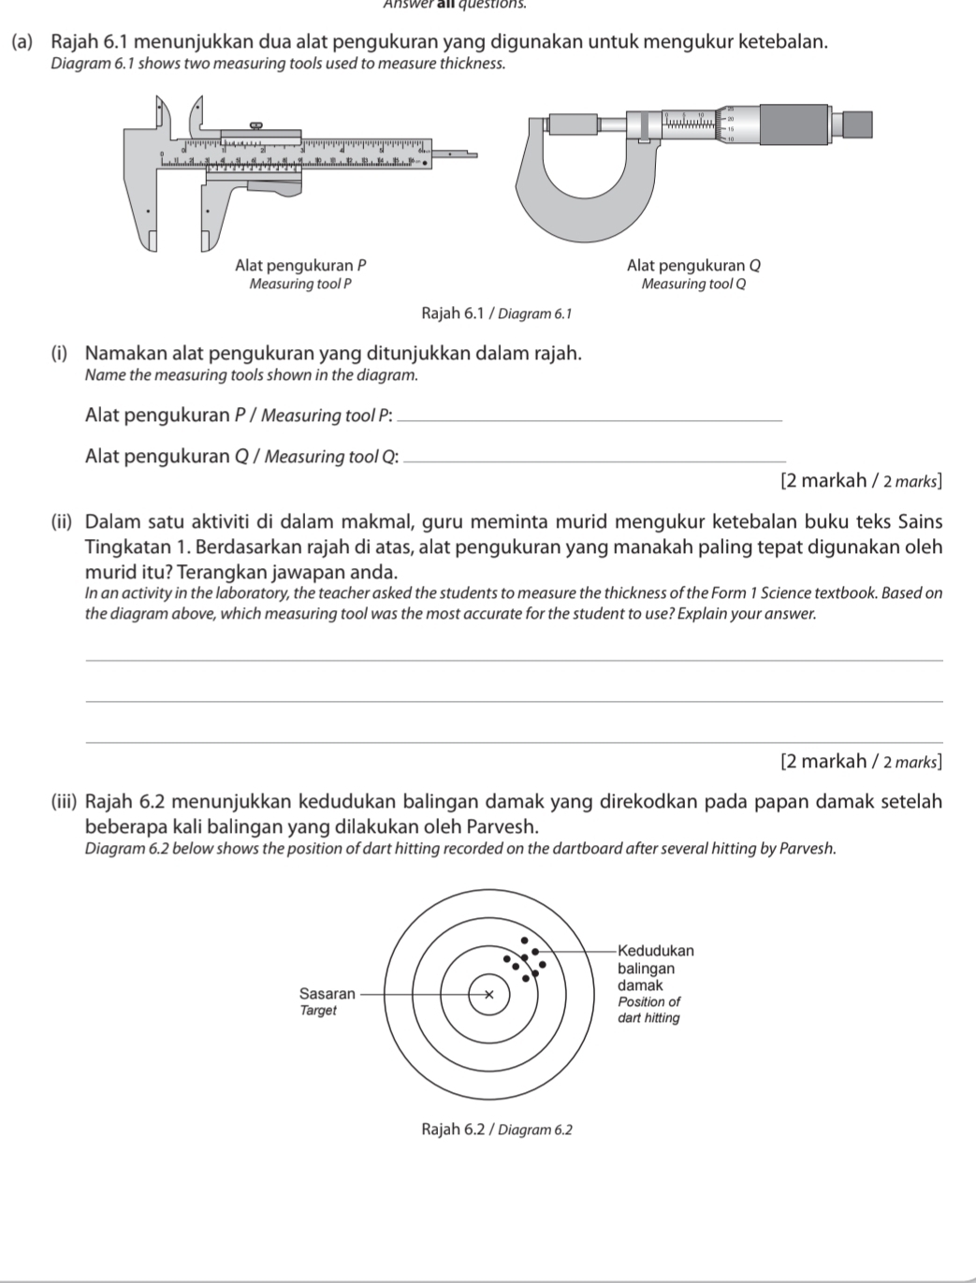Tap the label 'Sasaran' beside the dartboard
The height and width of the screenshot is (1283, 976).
(x=327, y=993)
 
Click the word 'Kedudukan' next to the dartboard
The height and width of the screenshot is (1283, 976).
(x=656, y=951)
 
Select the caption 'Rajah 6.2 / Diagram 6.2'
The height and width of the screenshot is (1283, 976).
(x=496, y=1130)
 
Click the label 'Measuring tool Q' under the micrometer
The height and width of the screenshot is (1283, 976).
(x=693, y=284)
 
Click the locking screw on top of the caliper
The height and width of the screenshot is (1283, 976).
(x=254, y=124)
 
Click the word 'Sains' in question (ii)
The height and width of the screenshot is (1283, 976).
(x=920, y=521)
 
